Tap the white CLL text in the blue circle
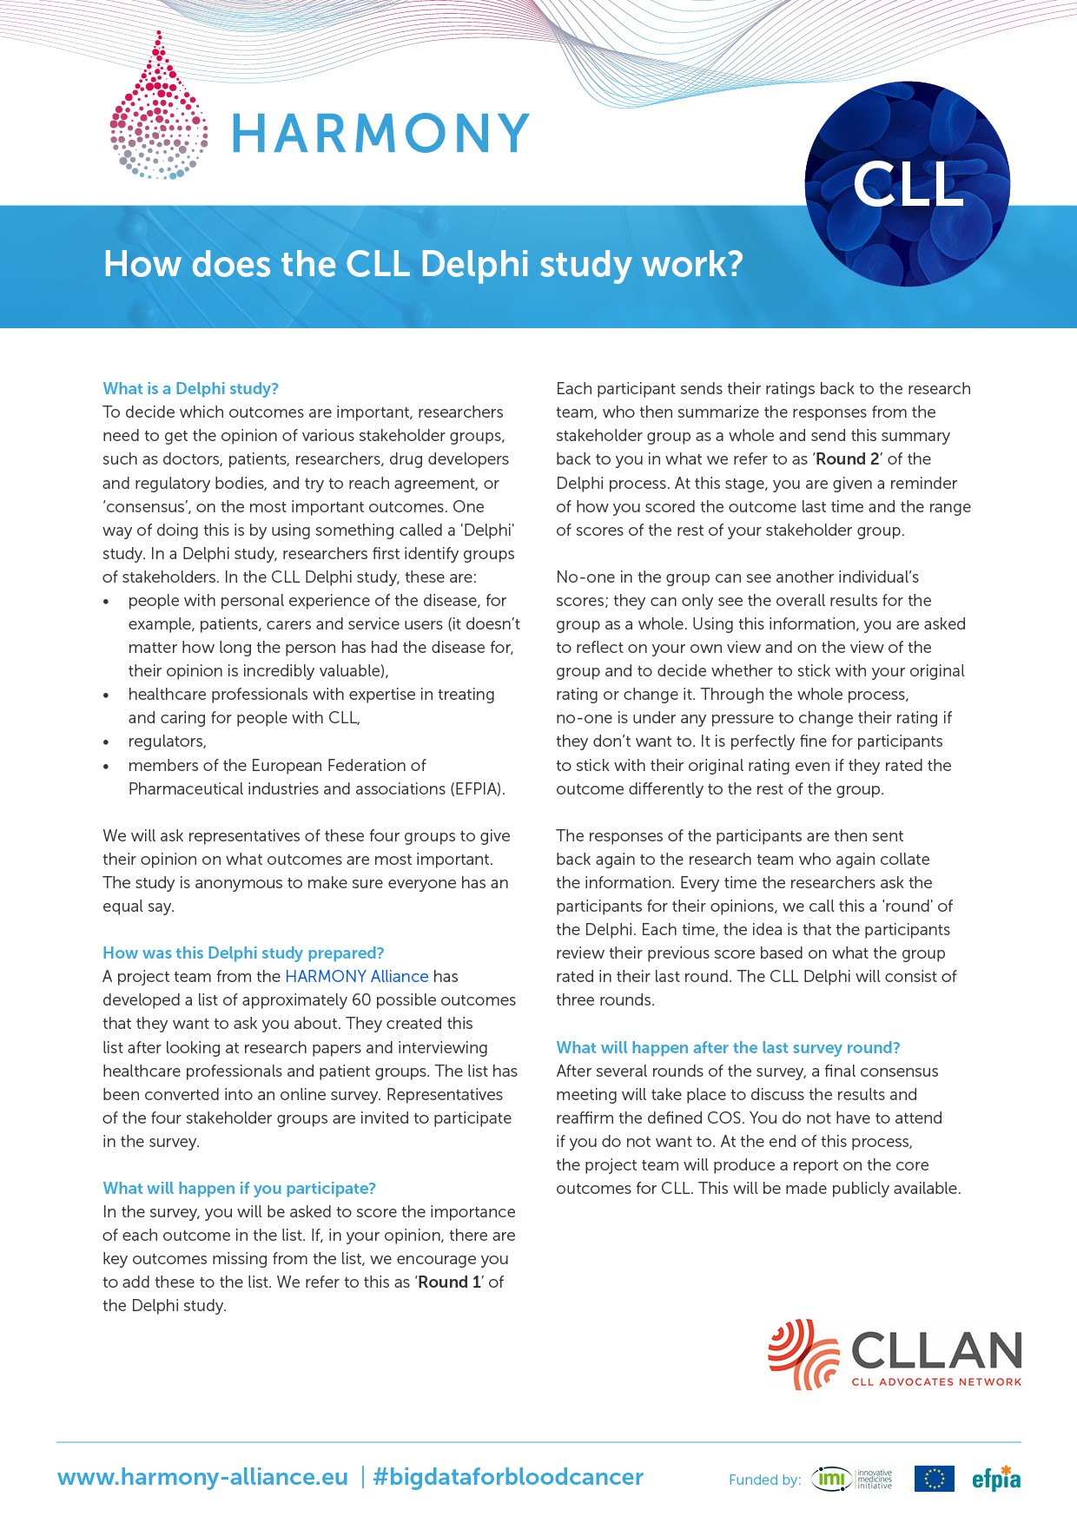[x=909, y=184]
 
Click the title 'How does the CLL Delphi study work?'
[x=423, y=264]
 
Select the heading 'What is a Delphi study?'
[x=190, y=388]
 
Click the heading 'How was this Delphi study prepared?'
[x=243, y=953]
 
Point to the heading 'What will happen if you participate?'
[x=239, y=1188]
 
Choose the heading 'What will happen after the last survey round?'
[x=728, y=1047]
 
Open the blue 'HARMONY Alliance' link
[x=356, y=976]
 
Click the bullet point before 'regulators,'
[x=106, y=742]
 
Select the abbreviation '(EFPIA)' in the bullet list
[x=478, y=788]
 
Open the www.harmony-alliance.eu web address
[x=202, y=1477]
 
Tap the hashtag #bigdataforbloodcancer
[x=508, y=1477]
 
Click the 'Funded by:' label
[x=764, y=1480]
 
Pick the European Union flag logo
[x=934, y=1479]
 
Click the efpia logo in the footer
[x=996, y=1479]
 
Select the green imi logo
[x=832, y=1479]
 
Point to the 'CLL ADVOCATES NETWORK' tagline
[x=936, y=1381]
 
